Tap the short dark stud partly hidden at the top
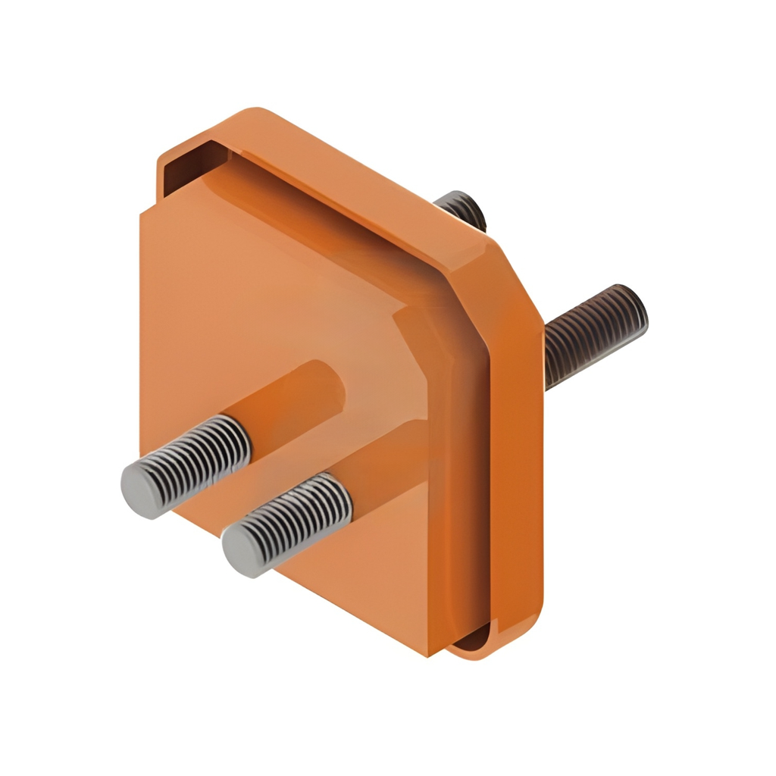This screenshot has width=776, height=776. tap(462, 208)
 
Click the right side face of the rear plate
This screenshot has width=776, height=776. tap(523, 470)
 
